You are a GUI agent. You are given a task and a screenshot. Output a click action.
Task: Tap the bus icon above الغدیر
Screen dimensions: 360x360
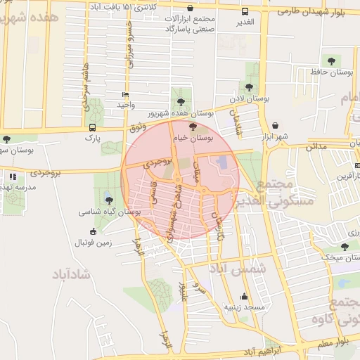tap(245, 11)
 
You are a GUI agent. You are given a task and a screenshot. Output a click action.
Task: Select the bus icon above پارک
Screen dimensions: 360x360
tap(93, 127)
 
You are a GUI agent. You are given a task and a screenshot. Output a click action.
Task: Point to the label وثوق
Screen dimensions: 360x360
tap(138, 127)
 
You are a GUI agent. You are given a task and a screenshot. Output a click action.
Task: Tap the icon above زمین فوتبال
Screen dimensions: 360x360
tap(93, 232)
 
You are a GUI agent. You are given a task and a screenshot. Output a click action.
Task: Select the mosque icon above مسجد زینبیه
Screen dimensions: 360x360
tap(244, 296)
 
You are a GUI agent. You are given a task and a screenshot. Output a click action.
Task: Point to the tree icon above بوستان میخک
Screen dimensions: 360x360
tap(345, 246)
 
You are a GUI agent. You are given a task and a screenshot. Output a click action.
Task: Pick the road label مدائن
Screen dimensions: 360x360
tap(316, 146)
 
